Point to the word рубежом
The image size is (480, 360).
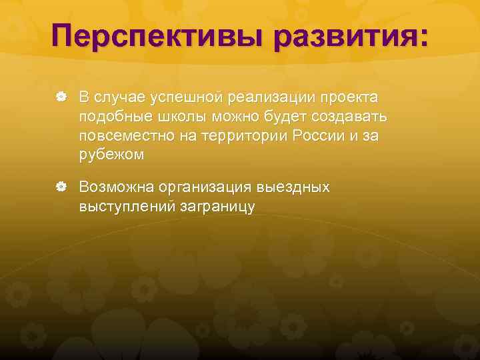click(111, 155)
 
